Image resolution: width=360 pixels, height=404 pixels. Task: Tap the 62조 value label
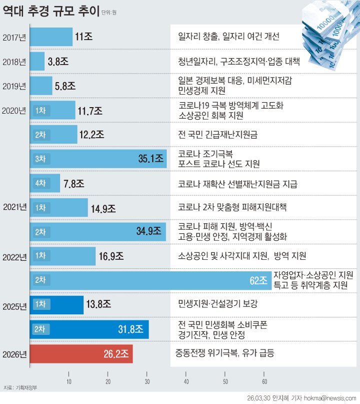pyautogui.click(x=259, y=280)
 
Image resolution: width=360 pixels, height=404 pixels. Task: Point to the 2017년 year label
pyautogui.click(x=14, y=37)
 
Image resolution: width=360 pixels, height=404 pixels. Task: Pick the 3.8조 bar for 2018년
pyautogui.click(x=37, y=61)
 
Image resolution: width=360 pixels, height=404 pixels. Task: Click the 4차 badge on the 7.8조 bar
pyautogui.click(x=40, y=183)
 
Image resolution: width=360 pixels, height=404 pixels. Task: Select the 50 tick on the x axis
pyautogui.click(x=225, y=382)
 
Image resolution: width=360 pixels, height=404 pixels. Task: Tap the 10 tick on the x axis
pyautogui.click(x=69, y=382)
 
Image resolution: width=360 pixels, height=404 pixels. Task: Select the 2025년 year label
pyautogui.click(x=14, y=305)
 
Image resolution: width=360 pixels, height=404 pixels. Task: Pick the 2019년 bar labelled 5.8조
pyautogui.click(x=41, y=86)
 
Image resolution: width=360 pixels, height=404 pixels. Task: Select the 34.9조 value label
pyautogui.click(x=148, y=232)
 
